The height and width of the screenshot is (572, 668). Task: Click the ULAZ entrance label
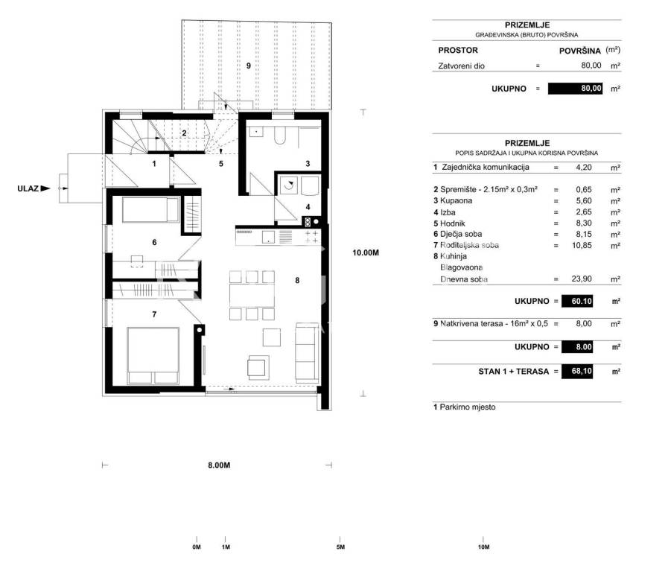point(28,188)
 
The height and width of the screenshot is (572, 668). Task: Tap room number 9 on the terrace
point(249,66)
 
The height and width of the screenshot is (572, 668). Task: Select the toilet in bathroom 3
point(279,135)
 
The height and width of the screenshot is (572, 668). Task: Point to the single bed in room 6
point(151,209)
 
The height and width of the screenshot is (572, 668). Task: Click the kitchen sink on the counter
point(268,236)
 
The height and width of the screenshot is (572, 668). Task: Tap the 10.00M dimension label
point(366,252)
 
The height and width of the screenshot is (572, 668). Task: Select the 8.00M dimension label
point(219,465)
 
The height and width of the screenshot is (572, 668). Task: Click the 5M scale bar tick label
point(340,547)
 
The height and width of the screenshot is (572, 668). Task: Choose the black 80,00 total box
point(575,89)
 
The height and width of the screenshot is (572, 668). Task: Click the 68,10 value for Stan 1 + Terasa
point(582,371)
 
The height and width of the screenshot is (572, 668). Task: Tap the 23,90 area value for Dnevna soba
point(582,279)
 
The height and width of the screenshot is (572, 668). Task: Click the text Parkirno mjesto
point(468,407)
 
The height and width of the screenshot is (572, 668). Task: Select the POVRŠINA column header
point(580,51)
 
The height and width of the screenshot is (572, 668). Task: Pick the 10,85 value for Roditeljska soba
point(582,245)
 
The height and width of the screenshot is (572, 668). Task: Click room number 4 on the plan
point(308,207)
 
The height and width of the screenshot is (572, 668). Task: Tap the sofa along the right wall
point(307,352)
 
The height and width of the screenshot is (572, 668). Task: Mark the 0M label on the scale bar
point(197,547)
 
